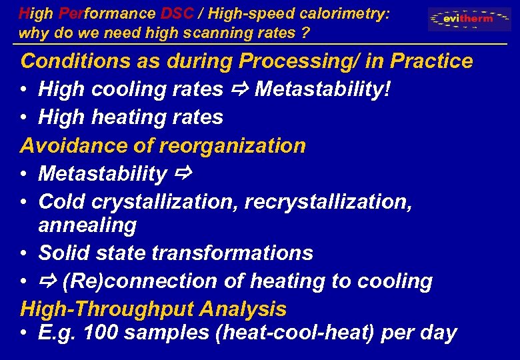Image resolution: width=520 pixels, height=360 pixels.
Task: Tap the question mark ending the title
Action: pyautogui.click(x=305, y=32)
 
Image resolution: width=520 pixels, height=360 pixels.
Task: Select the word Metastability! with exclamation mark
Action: pyautogui.click(x=323, y=89)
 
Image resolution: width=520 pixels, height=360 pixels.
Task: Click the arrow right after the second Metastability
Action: pyautogui.click(x=182, y=174)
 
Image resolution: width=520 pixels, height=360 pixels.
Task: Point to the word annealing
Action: pyautogui.click(x=87, y=225)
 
